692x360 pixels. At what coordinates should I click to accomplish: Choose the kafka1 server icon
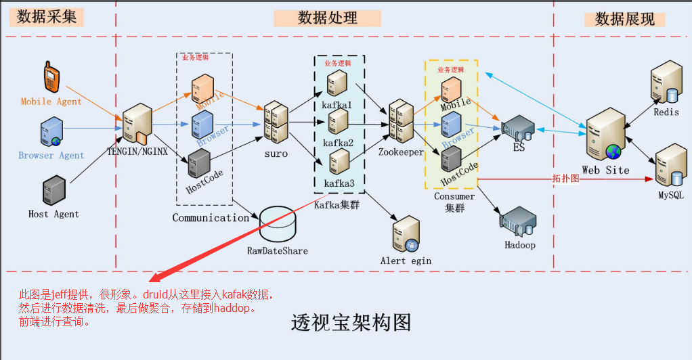coord(338,83)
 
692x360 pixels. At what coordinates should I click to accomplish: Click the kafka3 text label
coord(339,183)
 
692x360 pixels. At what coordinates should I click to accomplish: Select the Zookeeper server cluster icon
coord(401,122)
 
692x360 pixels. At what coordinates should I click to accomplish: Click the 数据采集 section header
coord(46,17)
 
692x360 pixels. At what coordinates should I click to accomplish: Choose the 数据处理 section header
coord(327,18)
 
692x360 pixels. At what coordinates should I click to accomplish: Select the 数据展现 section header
coord(624,19)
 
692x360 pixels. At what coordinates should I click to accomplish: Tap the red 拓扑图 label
coord(565,179)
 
